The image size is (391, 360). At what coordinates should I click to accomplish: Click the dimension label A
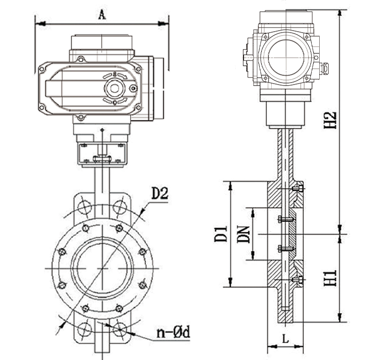click(x=102, y=14)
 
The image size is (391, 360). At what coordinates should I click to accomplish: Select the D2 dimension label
click(x=159, y=193)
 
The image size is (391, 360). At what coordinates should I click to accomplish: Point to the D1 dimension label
click(x=221, y=233)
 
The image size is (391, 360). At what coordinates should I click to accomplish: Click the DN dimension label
click(x=243, y=233)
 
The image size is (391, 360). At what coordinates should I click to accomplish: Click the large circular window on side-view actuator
click(x=286, y=57)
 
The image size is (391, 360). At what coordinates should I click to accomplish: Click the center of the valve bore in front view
click(x=102, y=268)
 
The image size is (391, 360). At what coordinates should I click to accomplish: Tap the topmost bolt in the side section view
click(x=296, y=188)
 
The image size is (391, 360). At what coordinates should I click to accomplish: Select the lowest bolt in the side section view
click(x=296, y=280)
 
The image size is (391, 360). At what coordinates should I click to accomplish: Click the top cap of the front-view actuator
click(x=102, y=42)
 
